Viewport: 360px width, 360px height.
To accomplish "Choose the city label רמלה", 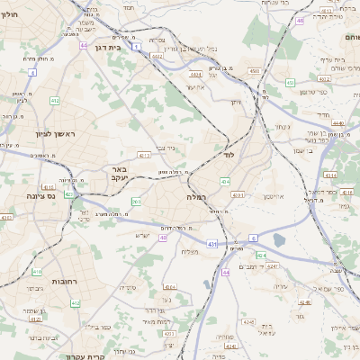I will [x=198, y=196].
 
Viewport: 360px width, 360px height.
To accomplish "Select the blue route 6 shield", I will [x=254, y=238].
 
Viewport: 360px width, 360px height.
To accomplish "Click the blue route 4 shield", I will [x=32, y=71].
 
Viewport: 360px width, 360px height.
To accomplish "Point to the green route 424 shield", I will [x=261, y=255].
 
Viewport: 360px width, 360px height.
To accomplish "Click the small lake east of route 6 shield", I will [x=279, y=239].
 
